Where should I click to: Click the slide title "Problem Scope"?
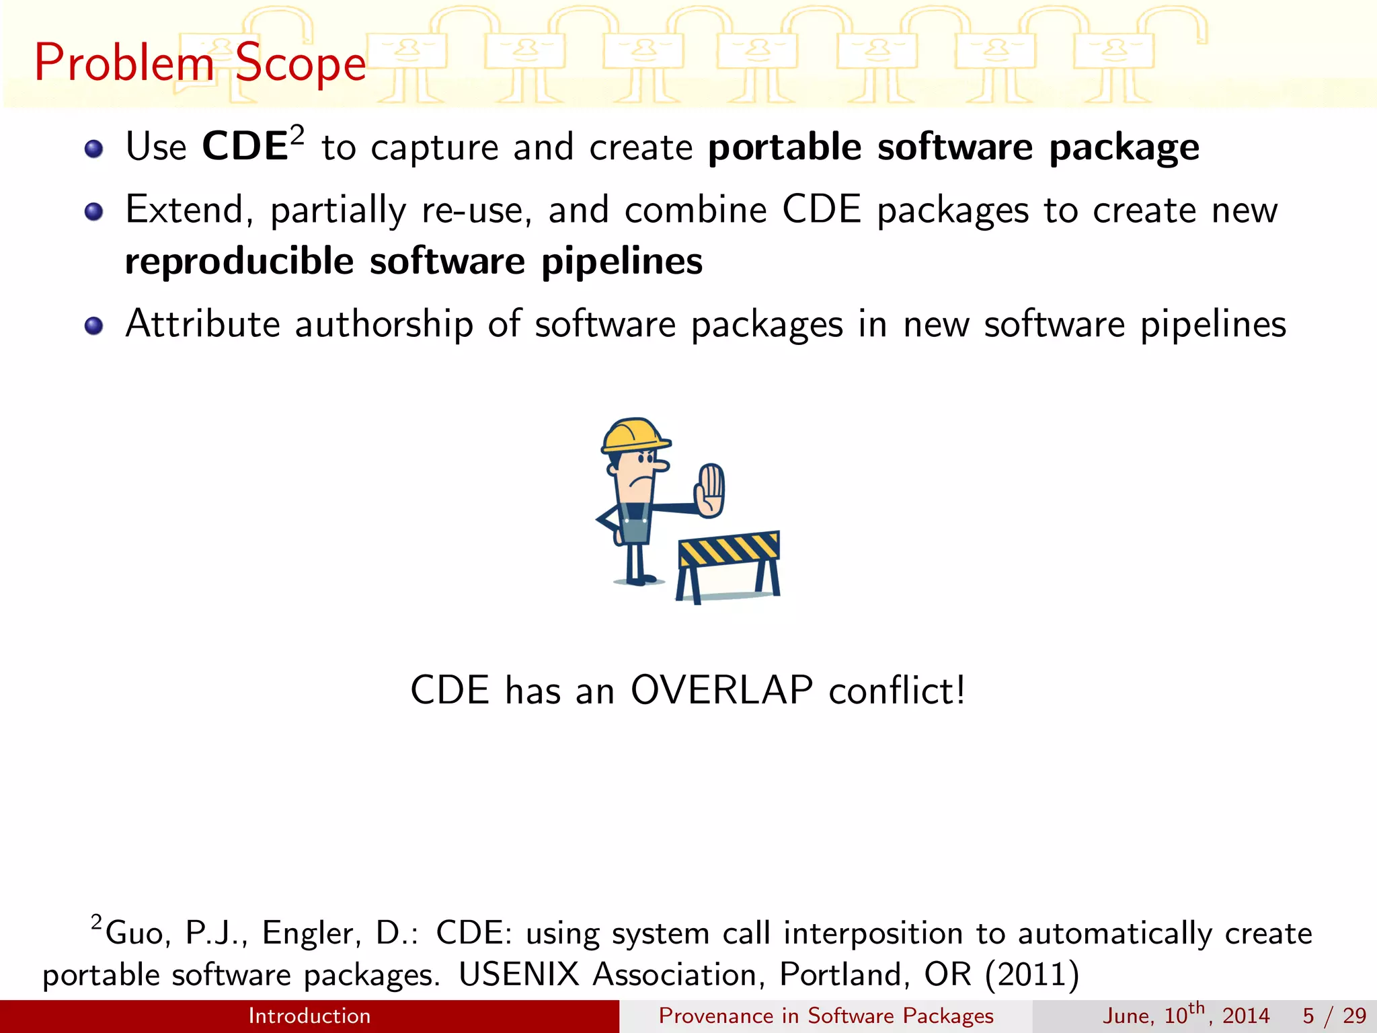pos(200,63)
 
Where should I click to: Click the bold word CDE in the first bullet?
pos(245,147)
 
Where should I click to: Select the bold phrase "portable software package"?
pos(953,148)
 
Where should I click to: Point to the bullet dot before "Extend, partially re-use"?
pos(94,213)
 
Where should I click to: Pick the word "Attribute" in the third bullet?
pos(202,324)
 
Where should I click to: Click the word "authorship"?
pos(384,324)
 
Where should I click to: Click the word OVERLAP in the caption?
pos(721,691)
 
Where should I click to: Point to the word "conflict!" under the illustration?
pos(897,691)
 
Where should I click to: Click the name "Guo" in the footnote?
pos(134,933)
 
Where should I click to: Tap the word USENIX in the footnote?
pos(518,974)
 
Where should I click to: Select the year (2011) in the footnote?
pos(1032,974)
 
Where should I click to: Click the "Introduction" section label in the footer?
pos(309,1016)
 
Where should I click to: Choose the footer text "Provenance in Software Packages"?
pos(826,1016)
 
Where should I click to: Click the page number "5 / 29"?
pos(1334,1016)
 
